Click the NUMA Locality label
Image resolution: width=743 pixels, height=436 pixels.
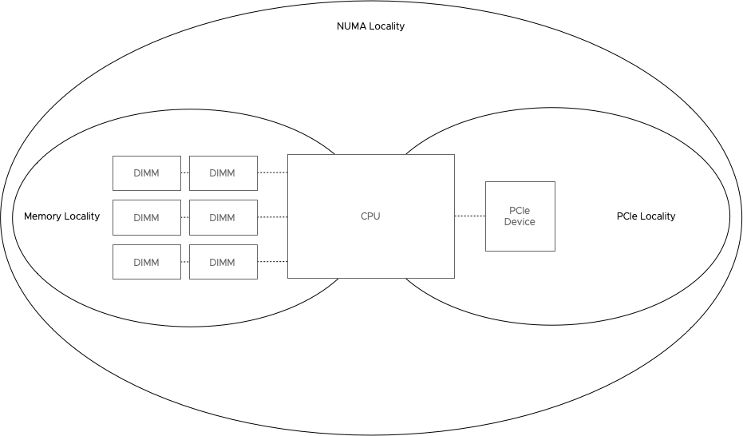click(x=370, y=26)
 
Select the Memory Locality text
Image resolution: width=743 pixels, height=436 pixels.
click(x=61, y=216)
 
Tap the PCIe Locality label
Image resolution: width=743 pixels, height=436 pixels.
click(x=646, y=216)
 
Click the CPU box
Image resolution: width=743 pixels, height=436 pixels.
click(x=370, y=216)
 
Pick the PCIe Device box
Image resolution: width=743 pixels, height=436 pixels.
click(x=520, y=216)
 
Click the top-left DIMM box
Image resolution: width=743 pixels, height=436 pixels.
click(x=147, y=172)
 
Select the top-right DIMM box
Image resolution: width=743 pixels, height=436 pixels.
click(x=223, y=172)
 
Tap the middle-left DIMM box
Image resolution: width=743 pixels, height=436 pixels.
click(x=147, y=217)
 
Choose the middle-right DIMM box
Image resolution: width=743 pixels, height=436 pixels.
click(x=223, y=217)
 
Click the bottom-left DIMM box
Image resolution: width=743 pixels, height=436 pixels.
click(x=147, y=262)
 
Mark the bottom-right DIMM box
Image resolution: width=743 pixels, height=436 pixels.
click(x=223, y=262)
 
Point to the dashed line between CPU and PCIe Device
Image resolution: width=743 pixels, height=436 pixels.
click(x=470, y=216)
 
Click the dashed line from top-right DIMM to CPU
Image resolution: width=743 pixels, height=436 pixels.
click(x=272, y=172)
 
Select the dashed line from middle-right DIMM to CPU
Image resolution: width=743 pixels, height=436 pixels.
click(x=272, y=216)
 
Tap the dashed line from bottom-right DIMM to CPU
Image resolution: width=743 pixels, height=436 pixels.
click(x=272, y=262)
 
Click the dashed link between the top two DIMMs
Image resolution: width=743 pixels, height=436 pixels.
click(x=185, y=172)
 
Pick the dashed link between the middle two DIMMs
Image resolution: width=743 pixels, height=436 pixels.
click(x=185, y=216)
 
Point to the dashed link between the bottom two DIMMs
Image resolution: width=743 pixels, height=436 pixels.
click(x=185, y=262)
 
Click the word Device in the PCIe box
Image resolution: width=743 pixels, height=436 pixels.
click(x=520, y=222)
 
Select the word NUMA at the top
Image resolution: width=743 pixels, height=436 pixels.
click(x=352, y=26)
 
